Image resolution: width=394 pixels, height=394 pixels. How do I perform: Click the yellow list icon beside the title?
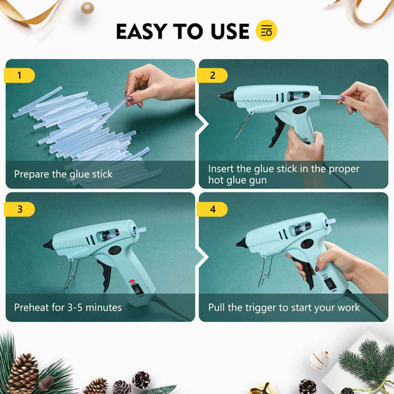[266, 30]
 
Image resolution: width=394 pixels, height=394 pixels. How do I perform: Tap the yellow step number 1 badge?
[19, 76]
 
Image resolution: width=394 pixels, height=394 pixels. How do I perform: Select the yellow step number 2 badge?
[213, 76]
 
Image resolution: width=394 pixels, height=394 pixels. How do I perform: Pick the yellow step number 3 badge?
[19, 209]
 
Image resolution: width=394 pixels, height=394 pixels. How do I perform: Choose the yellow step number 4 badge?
[213, 209]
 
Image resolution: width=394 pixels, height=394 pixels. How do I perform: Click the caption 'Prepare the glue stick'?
[63, 175]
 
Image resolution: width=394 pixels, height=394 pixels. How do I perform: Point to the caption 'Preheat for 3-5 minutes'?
[68, 307]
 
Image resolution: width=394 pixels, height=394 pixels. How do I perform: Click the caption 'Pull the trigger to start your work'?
[284, 307]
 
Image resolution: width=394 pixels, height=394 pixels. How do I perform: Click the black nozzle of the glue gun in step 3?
[49, 244]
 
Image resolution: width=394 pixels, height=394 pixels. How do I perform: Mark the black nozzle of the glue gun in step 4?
[242, 242]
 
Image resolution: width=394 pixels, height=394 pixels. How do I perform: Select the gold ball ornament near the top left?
[87, 8]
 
